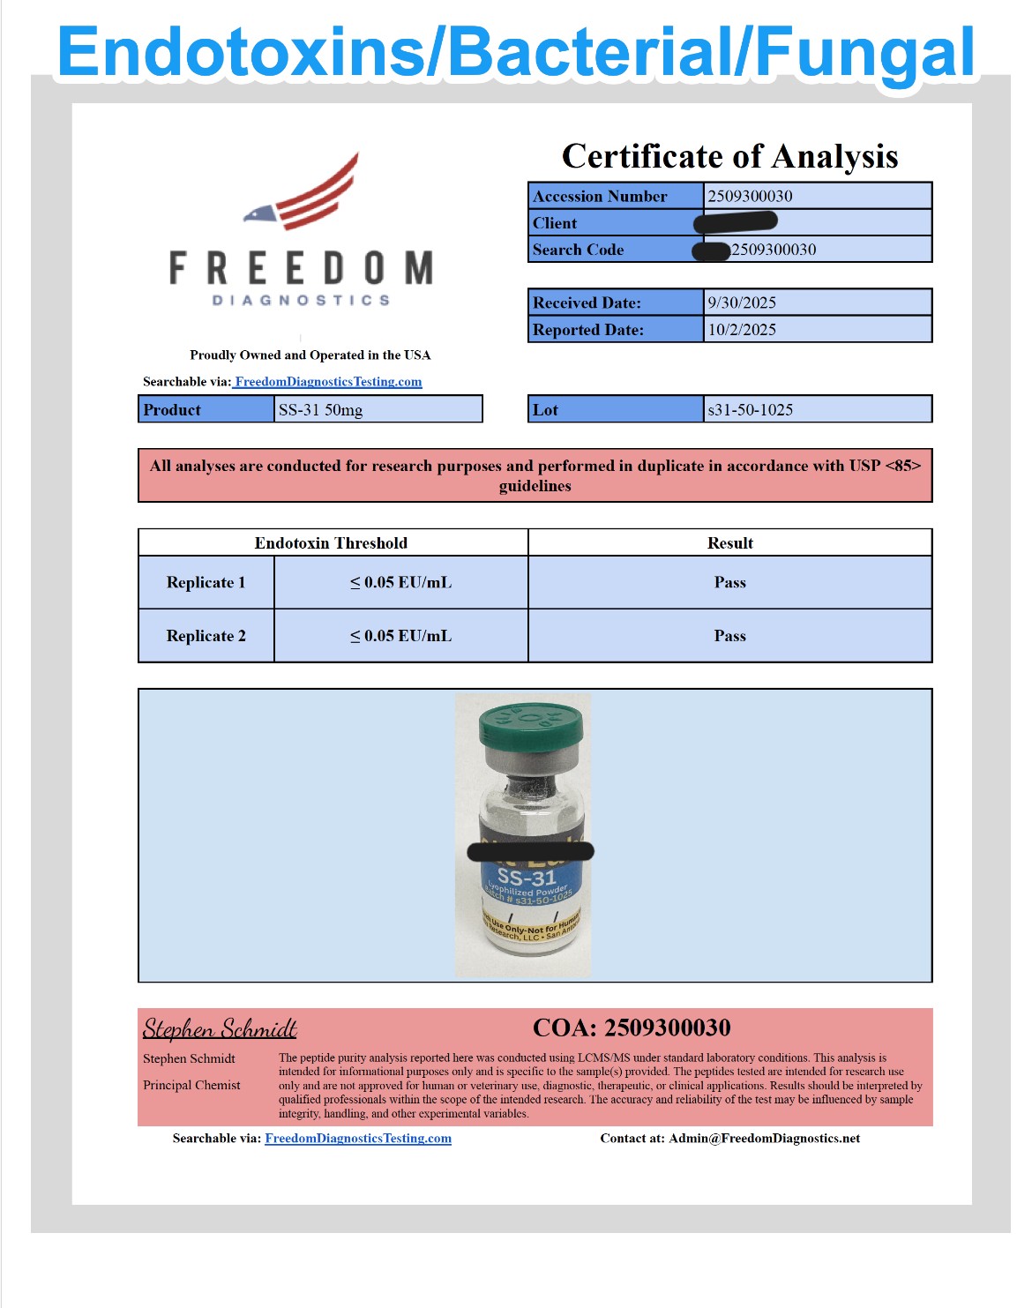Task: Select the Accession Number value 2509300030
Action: click(750, 196)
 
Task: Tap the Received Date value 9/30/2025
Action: click(742, 303)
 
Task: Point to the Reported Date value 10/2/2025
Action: click(742, 330)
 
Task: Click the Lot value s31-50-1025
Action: click(750, 409)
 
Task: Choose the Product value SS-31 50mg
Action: click(320, 409)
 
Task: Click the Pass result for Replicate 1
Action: click(729, 582)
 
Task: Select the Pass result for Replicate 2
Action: click(729, 636)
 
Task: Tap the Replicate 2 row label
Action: click(206, 636)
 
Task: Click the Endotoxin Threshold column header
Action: click(331, 542)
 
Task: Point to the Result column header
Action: click(729, 542)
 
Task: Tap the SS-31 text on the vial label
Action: click(526, 878)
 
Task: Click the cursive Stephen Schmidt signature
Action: click(220, 1029)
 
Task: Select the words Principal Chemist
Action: click(191, 1085)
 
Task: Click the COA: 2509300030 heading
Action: click(632, 1028)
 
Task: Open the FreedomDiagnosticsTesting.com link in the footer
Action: click(358, 1138)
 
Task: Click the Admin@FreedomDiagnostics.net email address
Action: click(764, 1138)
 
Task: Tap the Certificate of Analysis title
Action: click(729, 156)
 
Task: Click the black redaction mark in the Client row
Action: click(736, 221)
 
